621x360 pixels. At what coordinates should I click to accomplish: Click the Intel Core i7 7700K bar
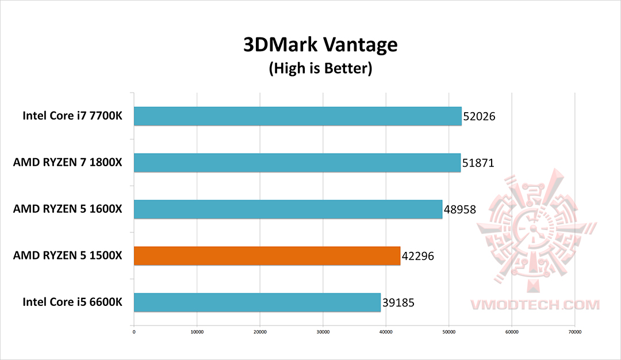click(x=297, y=116)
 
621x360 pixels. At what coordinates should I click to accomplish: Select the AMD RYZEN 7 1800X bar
click(x=297, y=163)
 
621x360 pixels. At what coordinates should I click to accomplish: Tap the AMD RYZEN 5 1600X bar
click(x=287, y=209)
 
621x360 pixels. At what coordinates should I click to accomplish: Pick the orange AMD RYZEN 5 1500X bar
click(x=267, y=256)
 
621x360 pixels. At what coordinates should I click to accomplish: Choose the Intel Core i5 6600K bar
click(x=257, y=302)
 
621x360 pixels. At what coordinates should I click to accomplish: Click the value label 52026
click(x=479, y=117)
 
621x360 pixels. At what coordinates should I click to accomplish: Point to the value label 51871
click(x=478, y=163)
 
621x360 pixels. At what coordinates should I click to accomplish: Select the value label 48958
click(x=459, y=210)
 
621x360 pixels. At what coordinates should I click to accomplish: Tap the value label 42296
click(x=417, y=256)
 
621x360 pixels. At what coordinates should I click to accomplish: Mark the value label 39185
click(x=398, y=303)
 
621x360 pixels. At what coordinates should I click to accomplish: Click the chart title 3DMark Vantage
click(x=320, y=45)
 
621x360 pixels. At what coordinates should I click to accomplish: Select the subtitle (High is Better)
click(x=320, y=69)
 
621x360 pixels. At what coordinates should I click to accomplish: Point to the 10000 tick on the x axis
click(x=197, y=331)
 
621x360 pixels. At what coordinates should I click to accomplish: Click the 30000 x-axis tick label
click(x=323, y=331)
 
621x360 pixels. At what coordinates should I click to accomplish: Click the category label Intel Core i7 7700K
click(x=72, y=116)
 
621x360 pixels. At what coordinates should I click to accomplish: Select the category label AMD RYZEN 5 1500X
click(x=68, y=256)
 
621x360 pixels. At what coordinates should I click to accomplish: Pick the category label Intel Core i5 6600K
click(x=72, y=302)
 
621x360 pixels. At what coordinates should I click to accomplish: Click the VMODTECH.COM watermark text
click(x=535, y=305)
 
